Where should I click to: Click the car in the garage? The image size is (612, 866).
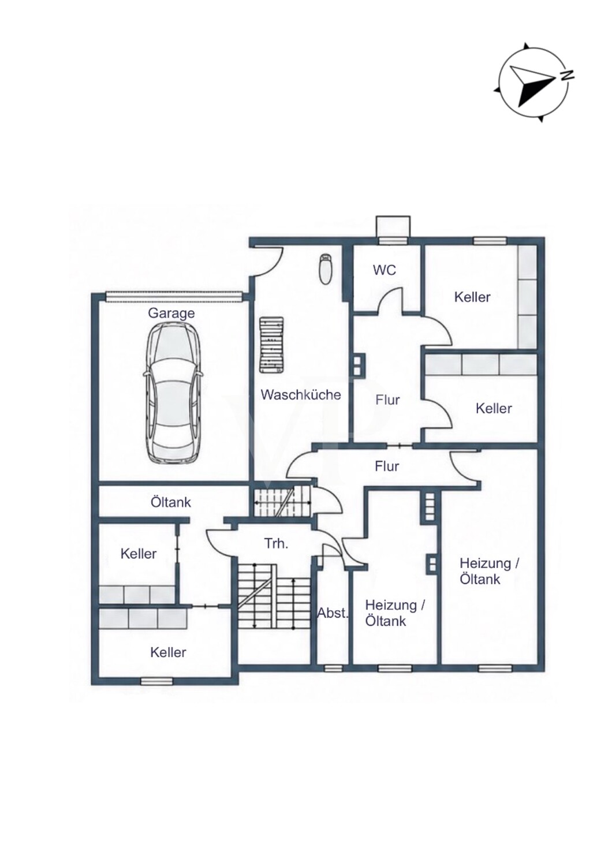tap(172, 391)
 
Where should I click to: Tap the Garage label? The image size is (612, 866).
tap(171, 313)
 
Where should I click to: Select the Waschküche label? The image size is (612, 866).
tap(301, 395)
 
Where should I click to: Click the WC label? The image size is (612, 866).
tap(385, 270)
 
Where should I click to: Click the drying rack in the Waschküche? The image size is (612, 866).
tap(271, 345)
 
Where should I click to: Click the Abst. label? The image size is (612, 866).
tap(333, 613)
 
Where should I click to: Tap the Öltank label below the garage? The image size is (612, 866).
tap(170, 502)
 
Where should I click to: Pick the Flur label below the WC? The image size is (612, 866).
tap(387, 400)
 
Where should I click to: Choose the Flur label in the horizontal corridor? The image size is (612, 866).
tap(387, 466)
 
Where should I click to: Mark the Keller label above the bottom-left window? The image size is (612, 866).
tap(168, 652)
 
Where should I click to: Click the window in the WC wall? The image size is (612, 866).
tap(393, 241)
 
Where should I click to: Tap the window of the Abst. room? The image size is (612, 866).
tap(333, 667)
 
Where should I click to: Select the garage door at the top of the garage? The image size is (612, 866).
tap(173, 296)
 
